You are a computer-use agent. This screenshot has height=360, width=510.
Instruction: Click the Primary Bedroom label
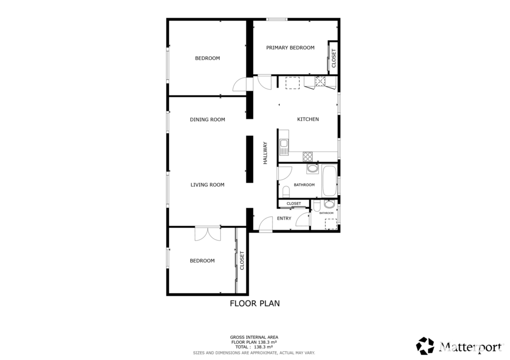click(x=290, y=48)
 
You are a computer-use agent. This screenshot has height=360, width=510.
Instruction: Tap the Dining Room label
click(x=208, y=120)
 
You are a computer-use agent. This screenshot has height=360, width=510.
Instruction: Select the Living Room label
click(x=208, y=185)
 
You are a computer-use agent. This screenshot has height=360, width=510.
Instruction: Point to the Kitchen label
click(x=308, y=120)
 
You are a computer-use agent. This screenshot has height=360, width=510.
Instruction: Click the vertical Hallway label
click(x=265, y=153)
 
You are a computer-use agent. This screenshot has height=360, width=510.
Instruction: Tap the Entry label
click(x=284, y=218)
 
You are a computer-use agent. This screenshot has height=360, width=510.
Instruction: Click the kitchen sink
click(x=284, y=147)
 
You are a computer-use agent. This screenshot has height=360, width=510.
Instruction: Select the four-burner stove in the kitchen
click(x=308, y=157)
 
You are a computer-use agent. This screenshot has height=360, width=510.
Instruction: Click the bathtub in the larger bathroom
click(x=330, y=180)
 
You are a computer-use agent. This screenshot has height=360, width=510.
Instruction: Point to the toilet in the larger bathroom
click(x=286, y=192)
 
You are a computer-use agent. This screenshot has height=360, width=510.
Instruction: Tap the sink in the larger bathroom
click(x=313, y=168)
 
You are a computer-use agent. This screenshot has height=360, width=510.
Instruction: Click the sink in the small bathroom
click(x=329, y=204)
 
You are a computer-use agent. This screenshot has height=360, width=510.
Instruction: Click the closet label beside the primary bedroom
click(x=334, y=58)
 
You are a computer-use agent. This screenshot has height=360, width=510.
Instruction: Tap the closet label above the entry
click(x=294, y=204)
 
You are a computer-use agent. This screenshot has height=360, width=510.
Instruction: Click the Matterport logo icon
click(x=425, y=346)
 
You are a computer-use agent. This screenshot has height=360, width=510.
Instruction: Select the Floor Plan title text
click(x=255, y=303)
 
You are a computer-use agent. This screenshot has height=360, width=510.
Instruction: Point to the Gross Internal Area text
click(x=254, y=337)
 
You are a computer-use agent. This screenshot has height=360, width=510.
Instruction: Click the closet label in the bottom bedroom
click(x=242, y=260)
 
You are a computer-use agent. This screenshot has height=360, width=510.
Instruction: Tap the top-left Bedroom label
click(x=208, y=58)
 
